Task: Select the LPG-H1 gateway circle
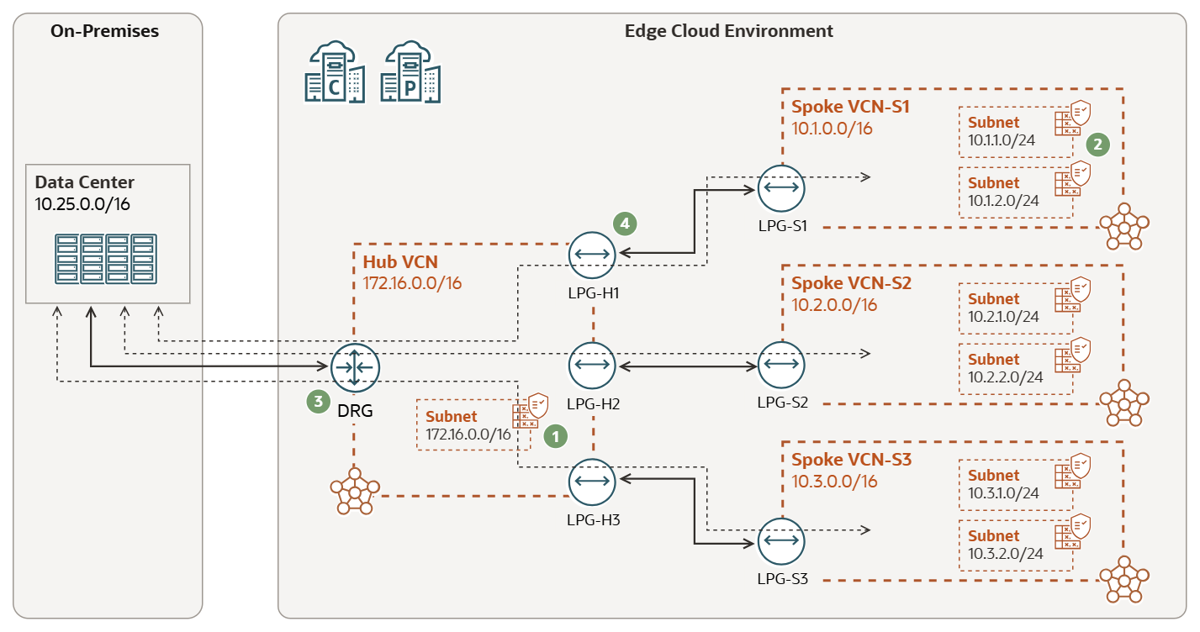[593, 253]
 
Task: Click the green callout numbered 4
[624, 224]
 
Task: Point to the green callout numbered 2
[1097, 144]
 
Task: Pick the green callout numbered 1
[556, 434]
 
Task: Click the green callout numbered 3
[318, 402]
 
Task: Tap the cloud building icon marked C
[335, 74]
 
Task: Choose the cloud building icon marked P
[411, 74]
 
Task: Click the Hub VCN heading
[399, 261]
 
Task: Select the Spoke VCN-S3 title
[851, 460]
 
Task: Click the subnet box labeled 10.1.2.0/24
[1016, 192]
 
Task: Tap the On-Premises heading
[104, 32]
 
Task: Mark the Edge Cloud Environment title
[728, 31]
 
